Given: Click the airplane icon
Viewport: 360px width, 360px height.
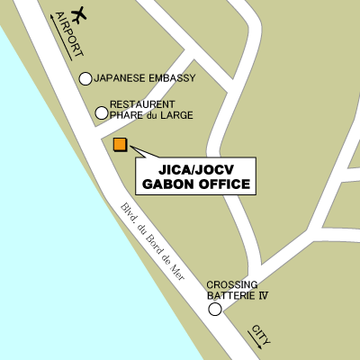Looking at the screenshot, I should [x=79, y=14].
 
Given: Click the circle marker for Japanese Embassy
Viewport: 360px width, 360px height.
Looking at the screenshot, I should [x=85, y=78].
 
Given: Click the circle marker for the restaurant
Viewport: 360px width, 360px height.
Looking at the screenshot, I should [x=102, y=112].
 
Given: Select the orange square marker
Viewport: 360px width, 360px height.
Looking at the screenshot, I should [x=120, y=144].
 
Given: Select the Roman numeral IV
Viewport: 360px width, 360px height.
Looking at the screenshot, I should [x=264, y=295].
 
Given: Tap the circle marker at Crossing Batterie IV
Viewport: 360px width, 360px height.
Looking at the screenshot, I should [x=215, y=310].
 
